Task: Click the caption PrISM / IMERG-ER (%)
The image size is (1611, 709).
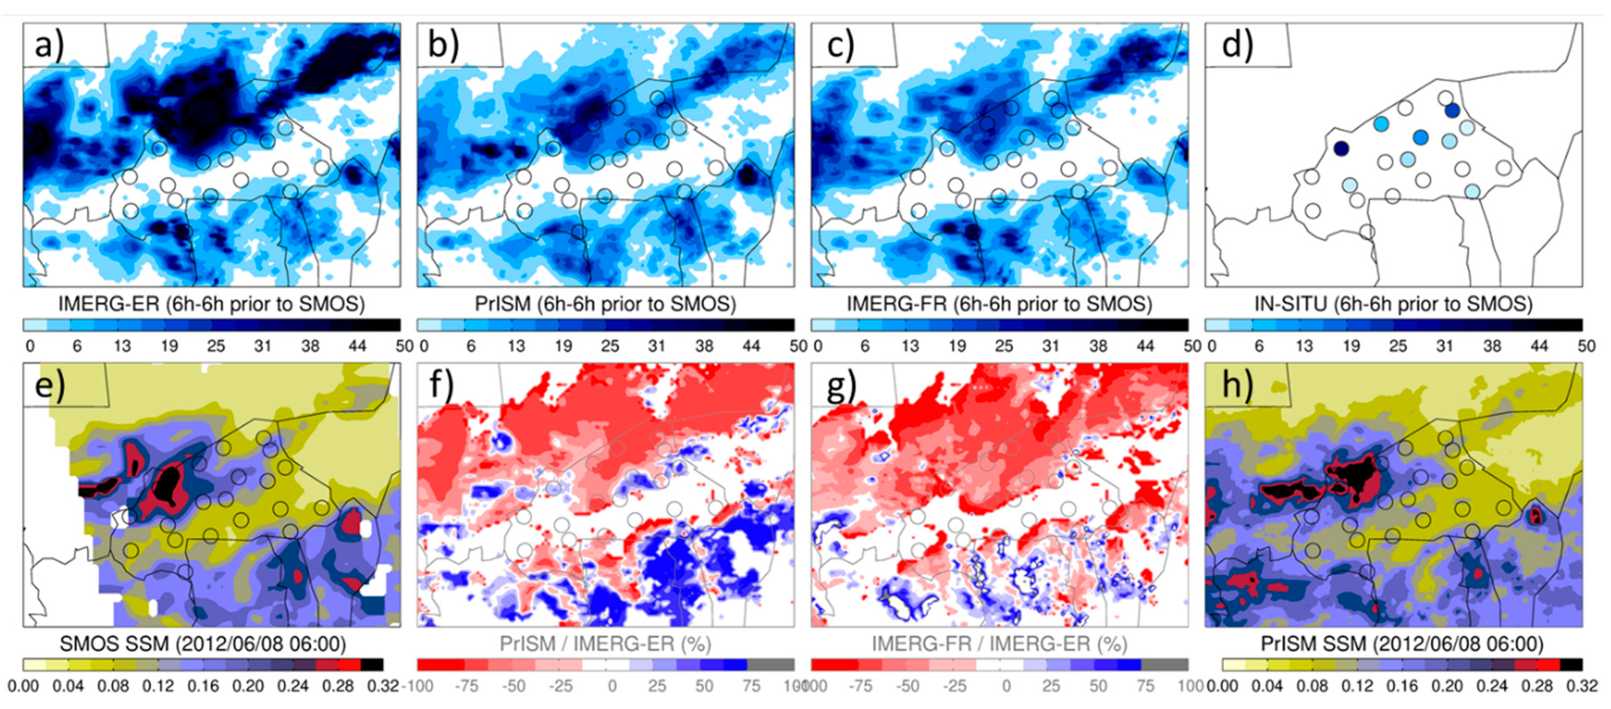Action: [x=605, y=644]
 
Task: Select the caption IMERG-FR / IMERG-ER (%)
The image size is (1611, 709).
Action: [x=999, y=644]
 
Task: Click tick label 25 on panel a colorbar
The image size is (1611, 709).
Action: [x=216, y=346]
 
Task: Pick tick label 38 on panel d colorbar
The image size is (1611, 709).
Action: [x=1492, y=346]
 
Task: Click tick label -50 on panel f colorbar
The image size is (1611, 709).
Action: [x=513, y=686]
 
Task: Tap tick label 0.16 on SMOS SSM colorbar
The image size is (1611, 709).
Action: [x=203, y=686]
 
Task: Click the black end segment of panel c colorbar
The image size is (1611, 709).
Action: [x=1176, y=325]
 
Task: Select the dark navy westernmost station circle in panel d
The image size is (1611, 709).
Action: [x=1341, y=148]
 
